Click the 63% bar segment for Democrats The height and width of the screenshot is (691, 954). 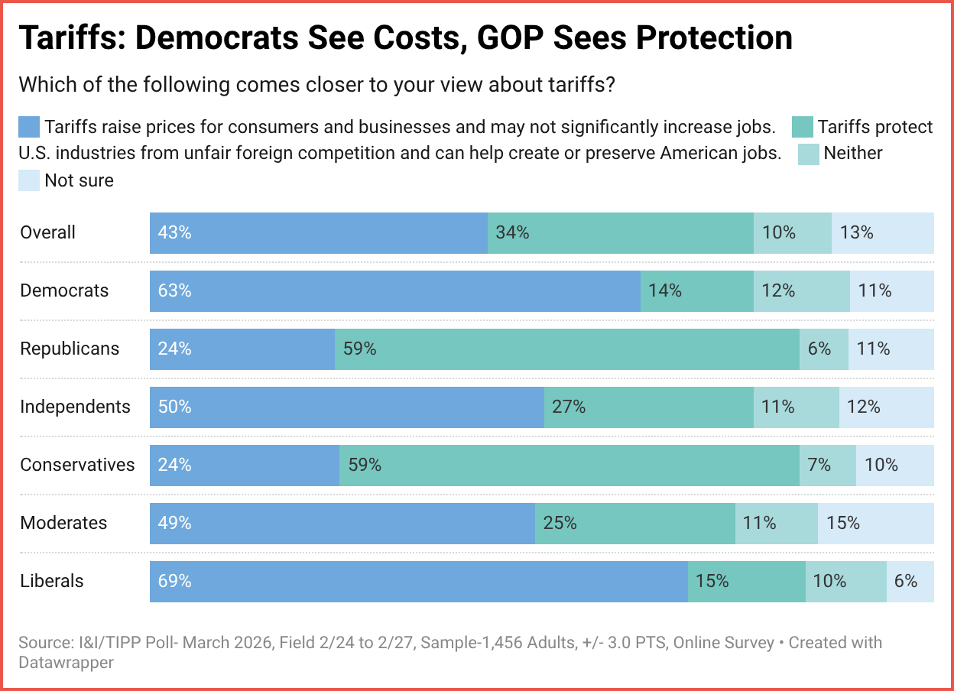394,291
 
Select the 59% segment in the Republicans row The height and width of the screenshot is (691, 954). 566,349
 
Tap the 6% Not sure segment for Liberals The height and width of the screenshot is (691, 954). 910,582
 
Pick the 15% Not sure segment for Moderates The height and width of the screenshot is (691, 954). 875,524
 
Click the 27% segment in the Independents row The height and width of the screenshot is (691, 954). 648,407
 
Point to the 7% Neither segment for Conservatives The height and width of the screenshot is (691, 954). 827,466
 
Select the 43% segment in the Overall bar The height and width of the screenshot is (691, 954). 318,233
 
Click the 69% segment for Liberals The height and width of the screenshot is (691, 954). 418,582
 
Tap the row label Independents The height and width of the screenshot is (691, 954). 75,407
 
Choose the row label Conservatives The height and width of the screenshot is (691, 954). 77,466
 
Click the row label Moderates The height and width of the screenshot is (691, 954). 63,524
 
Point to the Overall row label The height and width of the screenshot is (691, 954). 47,233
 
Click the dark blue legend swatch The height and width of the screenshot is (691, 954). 29,126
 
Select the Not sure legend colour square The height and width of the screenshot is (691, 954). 29,181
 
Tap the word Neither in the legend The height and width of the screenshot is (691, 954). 852,154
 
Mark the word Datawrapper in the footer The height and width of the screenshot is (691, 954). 66,662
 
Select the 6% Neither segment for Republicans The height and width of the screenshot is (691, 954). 823,349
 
